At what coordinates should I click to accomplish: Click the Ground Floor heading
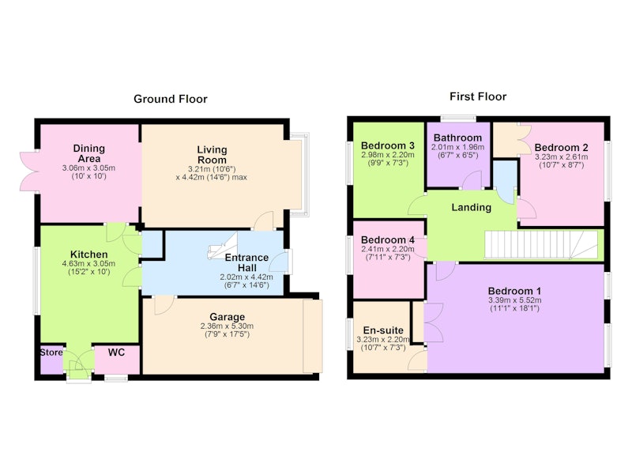[171, 99]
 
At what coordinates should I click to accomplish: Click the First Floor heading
[478, 96]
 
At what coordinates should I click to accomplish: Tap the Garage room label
[228, 317]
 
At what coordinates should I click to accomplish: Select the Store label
[51, 352]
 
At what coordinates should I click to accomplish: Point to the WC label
[116, 353]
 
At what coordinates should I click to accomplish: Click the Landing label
[471, 207]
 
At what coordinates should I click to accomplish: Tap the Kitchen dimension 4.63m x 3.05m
[88, 264]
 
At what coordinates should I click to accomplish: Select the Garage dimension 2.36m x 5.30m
[228, 326]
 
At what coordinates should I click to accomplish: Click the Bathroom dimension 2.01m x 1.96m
[458, 147]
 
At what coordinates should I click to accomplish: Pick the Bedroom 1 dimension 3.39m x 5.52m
[515, 300]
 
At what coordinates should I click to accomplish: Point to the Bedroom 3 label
[388, 145]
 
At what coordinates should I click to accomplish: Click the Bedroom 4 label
[388, 240]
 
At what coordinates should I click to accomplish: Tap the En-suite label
[383, 330]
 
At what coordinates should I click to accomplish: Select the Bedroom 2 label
[562, 148]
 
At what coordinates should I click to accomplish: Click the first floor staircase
[541, 244]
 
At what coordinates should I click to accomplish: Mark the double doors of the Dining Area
[30, 172]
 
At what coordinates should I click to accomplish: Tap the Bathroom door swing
[472, 179]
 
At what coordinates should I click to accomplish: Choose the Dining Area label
[89, 153]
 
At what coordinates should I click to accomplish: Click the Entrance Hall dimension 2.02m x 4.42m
[246, 277]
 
